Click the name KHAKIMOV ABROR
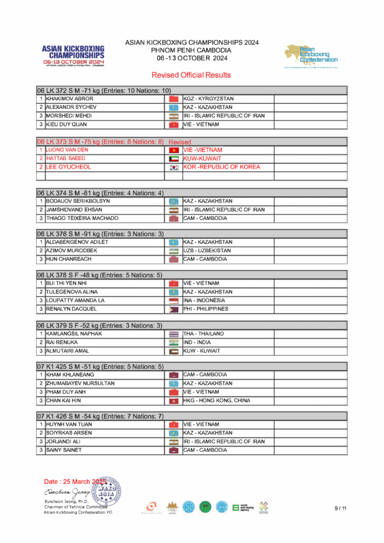pyautogui.click(x=69, y=99)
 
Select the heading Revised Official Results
pyautogui.click(x=191, y=75)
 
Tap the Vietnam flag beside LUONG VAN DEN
pyautogui.click(x=173, y=150)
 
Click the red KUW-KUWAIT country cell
pyautogui.click(x=202, y=159)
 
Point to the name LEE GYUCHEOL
pyautogui.click(x=68, y=167)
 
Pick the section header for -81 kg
pyautogui.click(x=100, y=192)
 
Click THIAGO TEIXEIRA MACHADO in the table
pyautogui.click(x=82, y=218)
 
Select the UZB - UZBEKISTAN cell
pyautogui.click(x=207, y=250)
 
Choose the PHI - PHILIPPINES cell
pyautogui.click(x=206, y=309)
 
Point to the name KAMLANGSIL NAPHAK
pyautogui.click(x=74, y=334)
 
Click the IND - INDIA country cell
pyautogui.click(x=198, y=342)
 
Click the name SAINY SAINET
pyautogui.click(x=64, y=450)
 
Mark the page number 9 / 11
pyautogui.click(x=340, y=509)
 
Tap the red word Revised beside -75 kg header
pyautogui.click(x=180, y=142)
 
